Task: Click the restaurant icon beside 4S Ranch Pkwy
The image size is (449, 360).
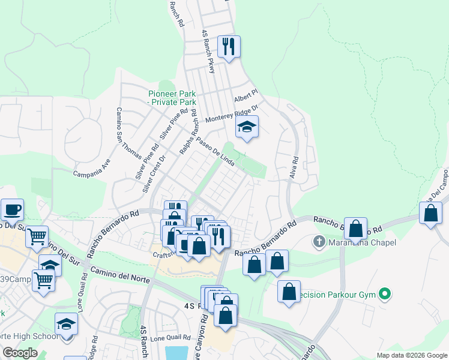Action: point(228,46)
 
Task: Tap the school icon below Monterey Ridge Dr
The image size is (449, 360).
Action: point(247,127)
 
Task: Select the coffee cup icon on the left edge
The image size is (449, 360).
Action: point(12,210)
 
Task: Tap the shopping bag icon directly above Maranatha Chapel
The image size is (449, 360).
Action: point(356,229)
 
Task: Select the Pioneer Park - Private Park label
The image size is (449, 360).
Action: point(172,98)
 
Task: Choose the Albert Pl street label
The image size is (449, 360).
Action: point(246,97)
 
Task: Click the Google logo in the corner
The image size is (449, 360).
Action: point(20,353)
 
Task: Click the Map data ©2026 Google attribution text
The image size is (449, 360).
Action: point(412,355)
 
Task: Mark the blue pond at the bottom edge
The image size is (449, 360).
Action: point(179,353)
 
